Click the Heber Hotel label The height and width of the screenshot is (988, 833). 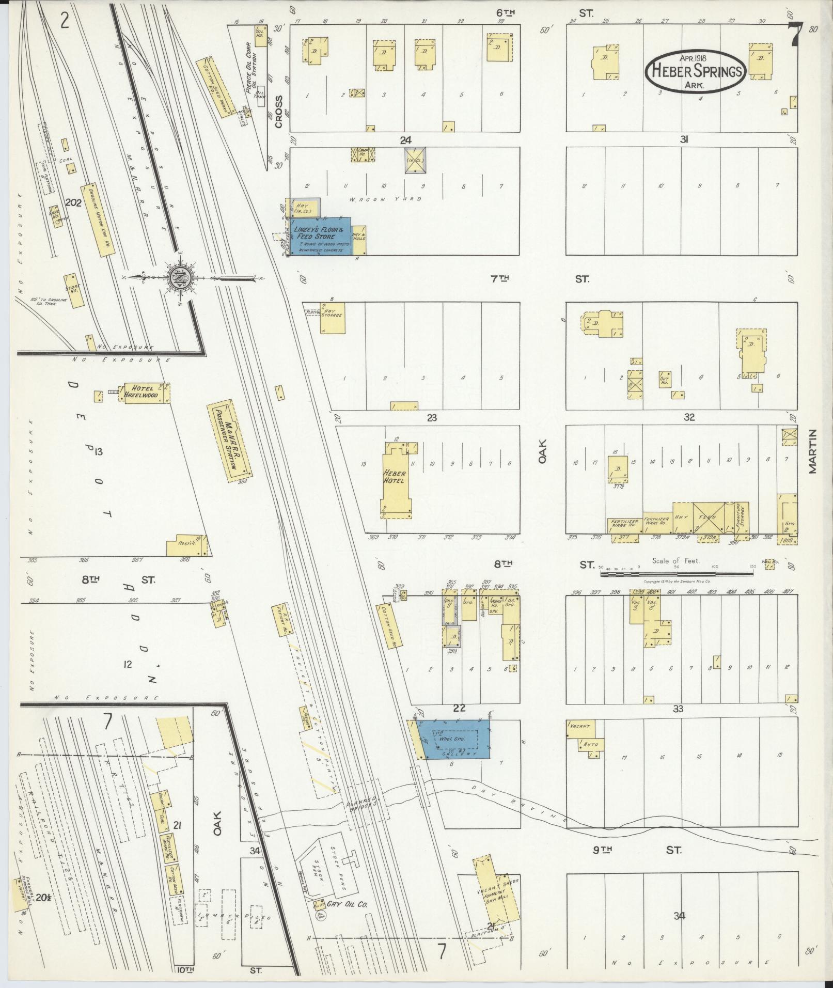pos(395,476)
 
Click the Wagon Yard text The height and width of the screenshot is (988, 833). pos(392,199)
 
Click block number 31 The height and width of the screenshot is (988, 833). pos(685,139)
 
